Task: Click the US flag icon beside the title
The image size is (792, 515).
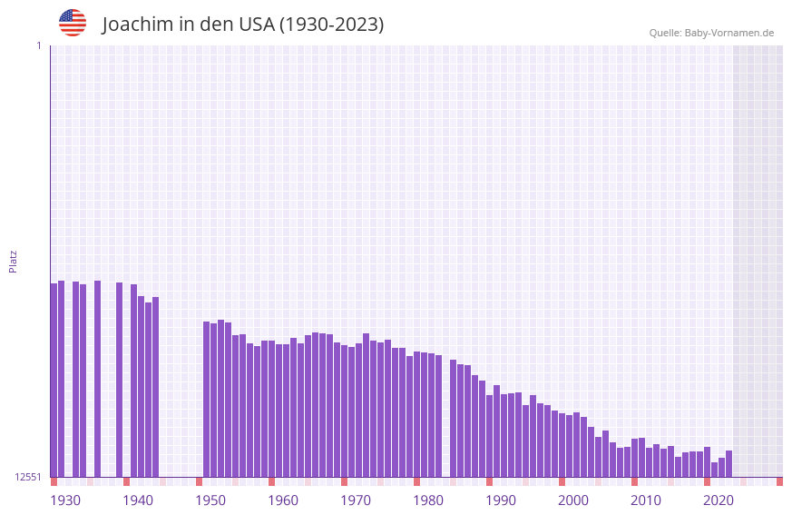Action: (x=73, y=23)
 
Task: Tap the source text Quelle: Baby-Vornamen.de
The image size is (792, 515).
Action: (x=711, y=33)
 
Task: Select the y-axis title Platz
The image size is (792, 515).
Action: (x=13, y=261)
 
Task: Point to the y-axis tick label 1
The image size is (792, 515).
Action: (x=38, y=45)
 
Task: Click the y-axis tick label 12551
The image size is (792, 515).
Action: (x=28, y=477)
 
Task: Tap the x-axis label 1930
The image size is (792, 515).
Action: (x=65, y=500)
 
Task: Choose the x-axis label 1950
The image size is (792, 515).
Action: (x=210, y=500)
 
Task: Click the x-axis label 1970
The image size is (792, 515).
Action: (x=356, y=500)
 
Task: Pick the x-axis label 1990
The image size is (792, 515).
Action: (x=501, y=500)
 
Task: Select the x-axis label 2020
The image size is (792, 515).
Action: (x=719, y=500)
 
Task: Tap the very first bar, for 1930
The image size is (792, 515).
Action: (x=54, y=381)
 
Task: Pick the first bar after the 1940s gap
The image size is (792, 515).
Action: (x=206, y=400)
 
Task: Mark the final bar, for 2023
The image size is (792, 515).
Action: (x=728, y=464)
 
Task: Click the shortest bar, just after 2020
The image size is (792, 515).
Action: (x=714, y=470)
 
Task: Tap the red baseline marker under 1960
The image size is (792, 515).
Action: (x=271, y=481)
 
